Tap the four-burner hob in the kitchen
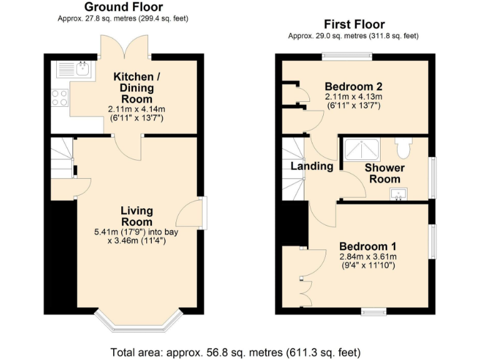point(60,97)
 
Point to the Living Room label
point(136,216)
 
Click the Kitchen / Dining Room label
point(136,87)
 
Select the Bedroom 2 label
point(353,86)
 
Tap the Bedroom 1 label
point(367,246)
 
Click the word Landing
point(312,166)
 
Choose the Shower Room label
point(384,173)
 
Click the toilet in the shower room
point(404,147)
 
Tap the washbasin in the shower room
point(399,195)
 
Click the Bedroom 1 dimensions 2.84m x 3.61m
point(367,256)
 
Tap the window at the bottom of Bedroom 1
point(374,311)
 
